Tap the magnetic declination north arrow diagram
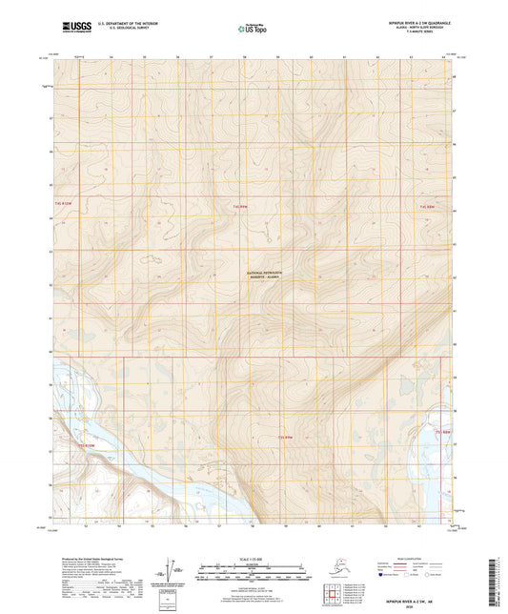point(174,569)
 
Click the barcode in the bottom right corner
point(498,582)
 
